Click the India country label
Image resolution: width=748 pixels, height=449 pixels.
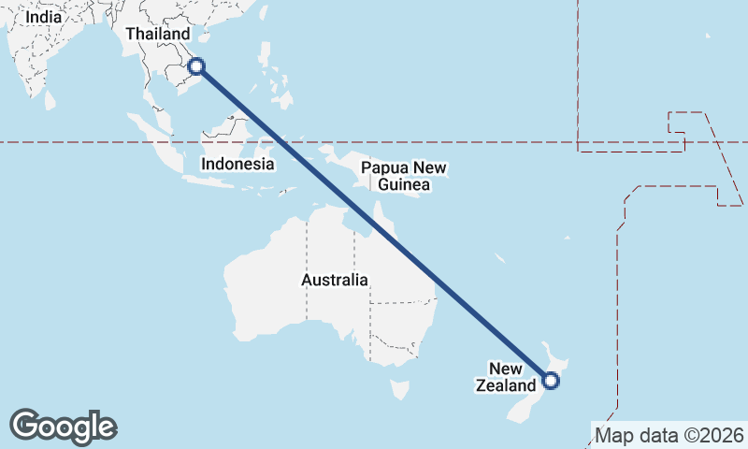(43, 17)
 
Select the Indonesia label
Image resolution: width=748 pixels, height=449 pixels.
(238, 164)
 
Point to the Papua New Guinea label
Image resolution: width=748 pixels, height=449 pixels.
(405, 177)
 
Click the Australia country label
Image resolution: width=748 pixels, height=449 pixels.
(334, 280)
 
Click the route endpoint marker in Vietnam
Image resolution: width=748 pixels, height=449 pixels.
(196, 65)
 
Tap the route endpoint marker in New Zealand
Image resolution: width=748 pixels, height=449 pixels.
(551, 380)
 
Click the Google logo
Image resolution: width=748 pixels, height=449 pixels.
(63, 427)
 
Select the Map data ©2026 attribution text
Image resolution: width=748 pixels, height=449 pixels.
(669, 435)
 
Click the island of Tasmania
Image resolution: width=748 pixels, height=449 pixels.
(399, 388)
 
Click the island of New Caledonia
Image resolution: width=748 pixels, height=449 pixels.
(501, 257)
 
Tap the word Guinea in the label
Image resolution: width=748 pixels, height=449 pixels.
(405, 185)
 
